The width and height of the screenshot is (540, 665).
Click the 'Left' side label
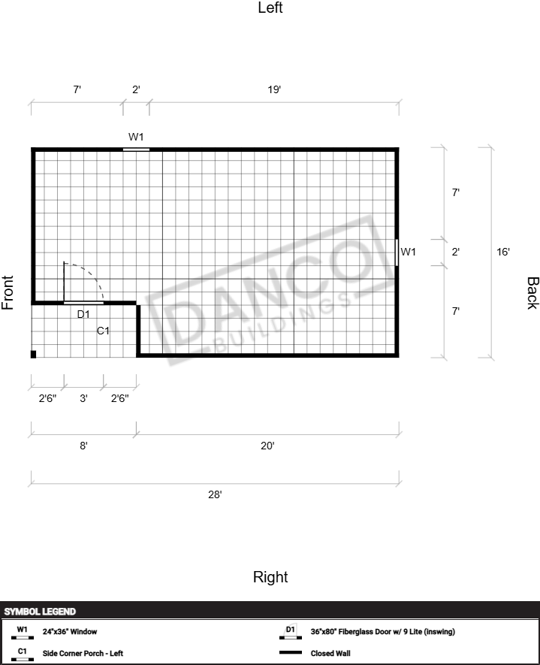pos(270,8)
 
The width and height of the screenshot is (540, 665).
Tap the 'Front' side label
pos(8,292)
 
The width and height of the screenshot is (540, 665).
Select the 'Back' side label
pos(532,293)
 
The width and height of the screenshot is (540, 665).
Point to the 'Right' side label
pos(270,577)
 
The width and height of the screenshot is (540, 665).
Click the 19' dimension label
pos(274,89)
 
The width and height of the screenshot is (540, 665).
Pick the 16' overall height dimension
pos(503,252)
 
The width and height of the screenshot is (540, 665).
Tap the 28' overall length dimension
pos(215,494)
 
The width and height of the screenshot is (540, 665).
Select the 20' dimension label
pos(267,446)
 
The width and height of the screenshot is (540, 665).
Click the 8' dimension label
pos(83,446)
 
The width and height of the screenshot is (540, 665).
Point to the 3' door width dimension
pos(83,398)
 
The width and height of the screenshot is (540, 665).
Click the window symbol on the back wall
pos(397,252)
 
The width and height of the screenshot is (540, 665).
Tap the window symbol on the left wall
pos(136,150)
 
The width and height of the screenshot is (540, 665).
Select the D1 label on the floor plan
pos(83,314)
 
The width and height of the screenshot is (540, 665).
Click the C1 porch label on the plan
pos(103,331)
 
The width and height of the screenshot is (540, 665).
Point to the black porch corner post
pos(34,354)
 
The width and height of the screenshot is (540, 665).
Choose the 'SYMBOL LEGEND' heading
pos(40,612)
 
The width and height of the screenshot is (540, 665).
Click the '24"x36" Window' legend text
pos(70,631)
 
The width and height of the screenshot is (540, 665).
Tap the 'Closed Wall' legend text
pos(330,653)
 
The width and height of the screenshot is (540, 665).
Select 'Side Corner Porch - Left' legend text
pos(83,653)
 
